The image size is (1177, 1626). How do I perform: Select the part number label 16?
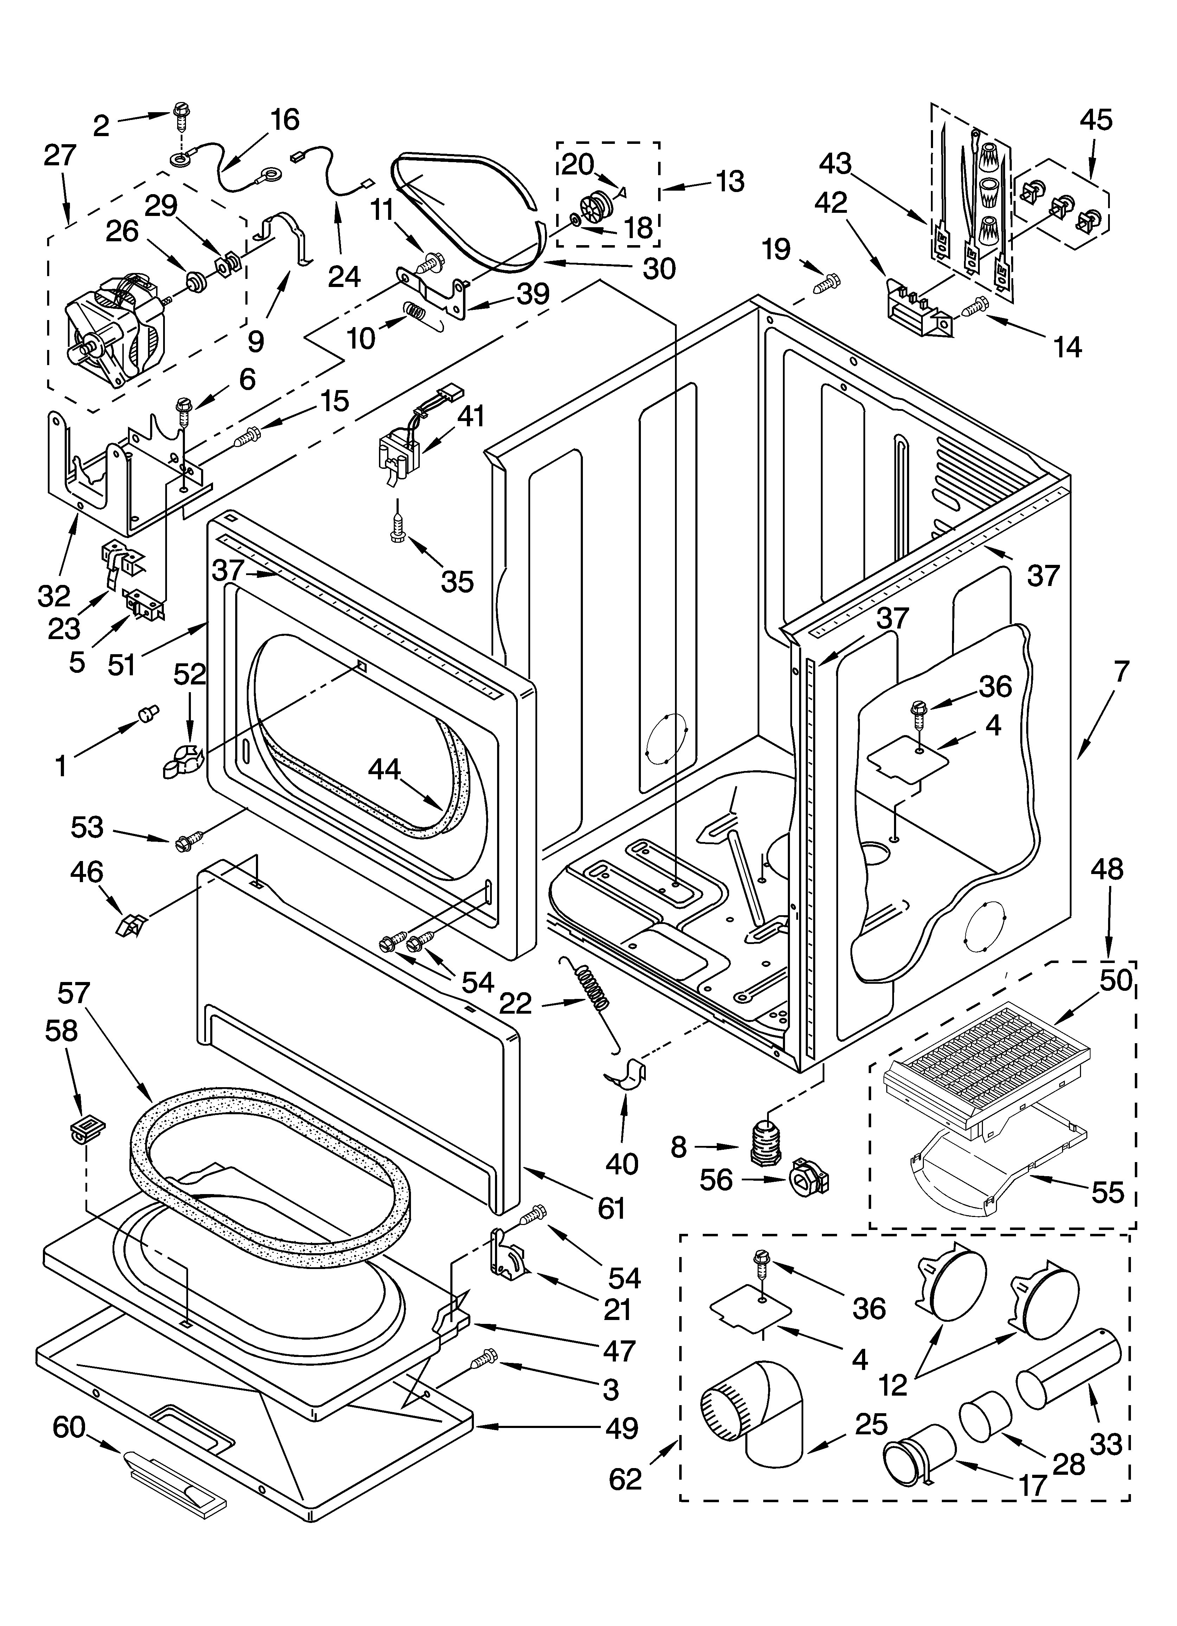point(284,120)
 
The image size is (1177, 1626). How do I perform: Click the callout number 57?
point(73,994)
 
